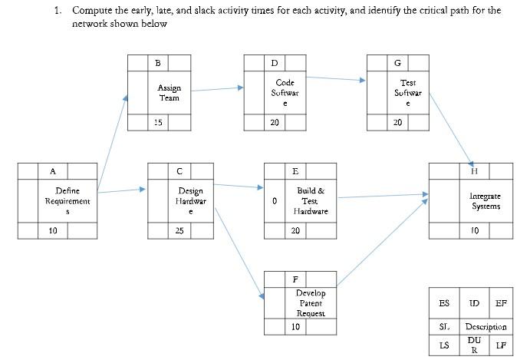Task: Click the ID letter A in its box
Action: [x=53, y=170]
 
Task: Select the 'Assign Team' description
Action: [x=170, y=93]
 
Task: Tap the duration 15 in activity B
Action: [x=158, y=122]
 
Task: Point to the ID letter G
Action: [x=397, y=62]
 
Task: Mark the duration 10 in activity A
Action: [x=53, y=230]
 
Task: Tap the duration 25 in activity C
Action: [x=179, y=230]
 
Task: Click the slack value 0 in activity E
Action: [x=274, y=201]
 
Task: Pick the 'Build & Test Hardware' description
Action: [x=310, y=201]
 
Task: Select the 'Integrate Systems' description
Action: [x=486, y=201]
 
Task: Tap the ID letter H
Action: [x=474, y=170]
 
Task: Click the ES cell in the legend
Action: [x=444, y=304]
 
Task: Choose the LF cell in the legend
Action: [x=500, y=345]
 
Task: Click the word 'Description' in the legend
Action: [x=486, y=327]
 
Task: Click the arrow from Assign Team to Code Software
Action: [x=217, y=89]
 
